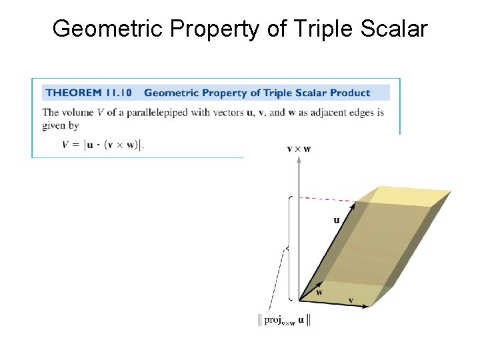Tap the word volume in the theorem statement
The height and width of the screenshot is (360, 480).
pos(79,113)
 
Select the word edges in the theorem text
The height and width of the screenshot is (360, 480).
pos(365,113)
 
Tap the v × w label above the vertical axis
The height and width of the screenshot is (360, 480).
pos(298,149)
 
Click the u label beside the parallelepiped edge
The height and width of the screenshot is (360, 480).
pos(337,219)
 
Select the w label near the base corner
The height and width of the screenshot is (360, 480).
pos(320,292)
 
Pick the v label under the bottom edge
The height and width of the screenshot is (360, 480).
pos(351,301)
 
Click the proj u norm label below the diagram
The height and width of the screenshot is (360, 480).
pos(285,320)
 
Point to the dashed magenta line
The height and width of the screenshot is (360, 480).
pos(327,199)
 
